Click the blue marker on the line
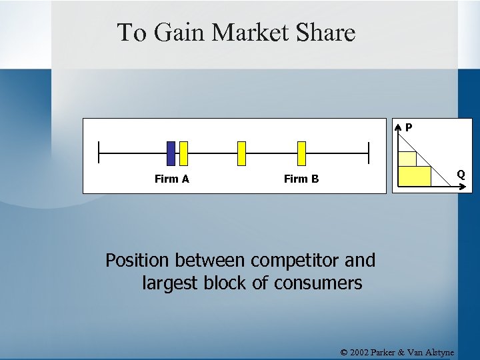(171, 153)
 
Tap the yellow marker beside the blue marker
(184, 153)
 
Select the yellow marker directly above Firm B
(301, 153)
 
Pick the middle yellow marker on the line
(241, 153)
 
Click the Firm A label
(172, 179)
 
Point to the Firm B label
(301, 179)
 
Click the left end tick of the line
(99, 153)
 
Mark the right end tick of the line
(368, 153)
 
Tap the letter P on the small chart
(409, 127)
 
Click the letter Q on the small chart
(461, 175)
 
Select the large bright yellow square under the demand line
(415, 176)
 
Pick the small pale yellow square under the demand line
(407, 159)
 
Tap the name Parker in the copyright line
(393, 352)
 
